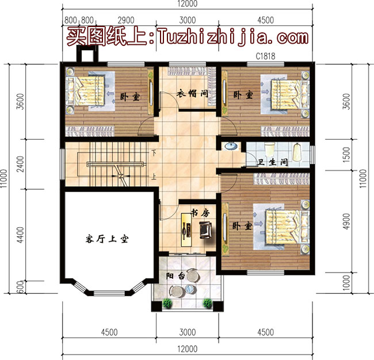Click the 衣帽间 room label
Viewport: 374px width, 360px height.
pos(192,94)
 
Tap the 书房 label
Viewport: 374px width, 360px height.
pos(200,213)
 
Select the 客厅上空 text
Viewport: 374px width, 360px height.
pos(107,239)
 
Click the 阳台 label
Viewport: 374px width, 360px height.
pos(175,276)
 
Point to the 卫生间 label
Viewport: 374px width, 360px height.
pos(272,162)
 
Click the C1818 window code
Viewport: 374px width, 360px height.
pos(265,56)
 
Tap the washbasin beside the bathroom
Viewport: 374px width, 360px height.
pos(231,146)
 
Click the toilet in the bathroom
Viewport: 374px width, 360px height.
pos(269,150)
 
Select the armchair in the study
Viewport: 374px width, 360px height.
pos(205,230)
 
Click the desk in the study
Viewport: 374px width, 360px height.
pos(186,230)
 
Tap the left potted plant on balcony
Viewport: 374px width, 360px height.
pos(167,304)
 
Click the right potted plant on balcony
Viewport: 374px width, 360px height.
pos(208,304)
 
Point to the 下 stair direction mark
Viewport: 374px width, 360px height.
pos(154,152)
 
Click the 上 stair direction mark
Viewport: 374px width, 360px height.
pos(154,177)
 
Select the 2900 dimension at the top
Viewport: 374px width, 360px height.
pos(126,20)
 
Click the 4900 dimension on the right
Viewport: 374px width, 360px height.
pos(346,221)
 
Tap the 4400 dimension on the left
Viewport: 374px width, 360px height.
pos(21,235)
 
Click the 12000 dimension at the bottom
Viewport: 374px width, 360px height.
pos(188,349)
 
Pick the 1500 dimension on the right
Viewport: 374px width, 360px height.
pos(346,155)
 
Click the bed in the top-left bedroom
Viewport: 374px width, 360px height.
pos(85,91)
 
